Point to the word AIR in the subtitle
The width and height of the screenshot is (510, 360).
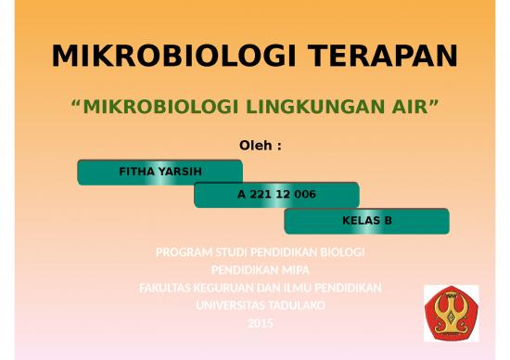click(409, 110)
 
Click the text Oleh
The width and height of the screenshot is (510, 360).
click(252, 146)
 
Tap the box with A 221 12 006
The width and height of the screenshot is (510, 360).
click(276, 196)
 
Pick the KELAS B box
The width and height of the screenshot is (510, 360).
click(366, 221)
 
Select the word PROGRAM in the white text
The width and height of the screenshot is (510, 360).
click(182, 252)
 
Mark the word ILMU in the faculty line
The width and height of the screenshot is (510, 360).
click(295, 288)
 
